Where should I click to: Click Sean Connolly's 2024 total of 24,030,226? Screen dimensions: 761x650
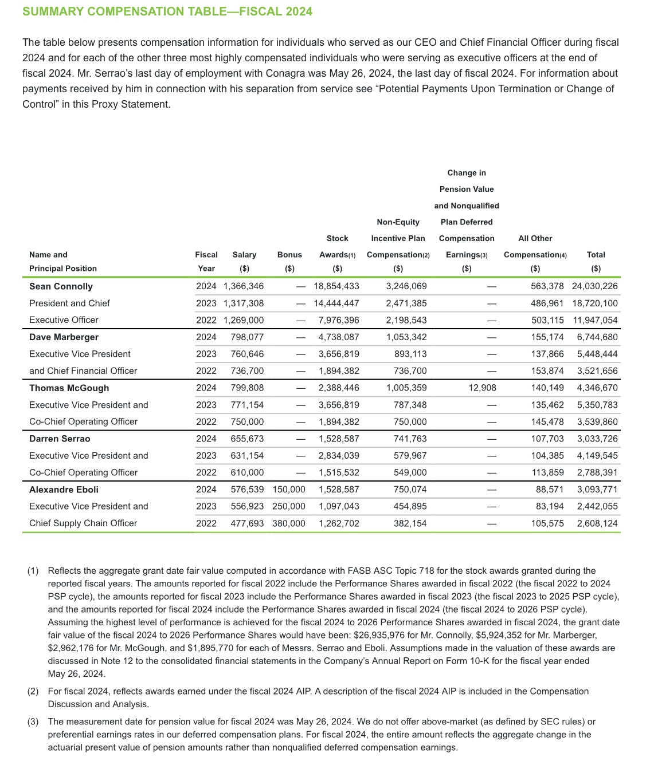(x=595, y=286)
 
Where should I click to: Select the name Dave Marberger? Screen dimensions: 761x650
(x=64, y=337)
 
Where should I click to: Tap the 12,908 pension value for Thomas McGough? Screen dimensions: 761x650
(x=482, y=388)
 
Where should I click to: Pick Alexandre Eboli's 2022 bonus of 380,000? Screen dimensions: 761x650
(x=289, y=523)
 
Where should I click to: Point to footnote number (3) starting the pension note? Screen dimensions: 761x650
(x=33, y=721)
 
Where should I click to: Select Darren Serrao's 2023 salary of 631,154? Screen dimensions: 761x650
(x=247, y=456)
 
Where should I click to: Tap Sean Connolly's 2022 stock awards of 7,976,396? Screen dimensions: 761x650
(x=339, y=320)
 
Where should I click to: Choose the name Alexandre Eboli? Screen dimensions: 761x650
(x=64, y=490)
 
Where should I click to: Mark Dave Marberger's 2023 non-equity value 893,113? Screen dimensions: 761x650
(x=410, y=354)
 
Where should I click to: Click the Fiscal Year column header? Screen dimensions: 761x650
(x=206, y=262)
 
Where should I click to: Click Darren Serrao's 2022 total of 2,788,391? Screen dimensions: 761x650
(x=597, y=473)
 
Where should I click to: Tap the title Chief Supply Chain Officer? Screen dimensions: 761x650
(x=83, y=523)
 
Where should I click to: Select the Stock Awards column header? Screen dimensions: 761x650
(x=337, y=247)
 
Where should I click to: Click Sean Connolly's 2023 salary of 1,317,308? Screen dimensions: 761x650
(x=244, y=303)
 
